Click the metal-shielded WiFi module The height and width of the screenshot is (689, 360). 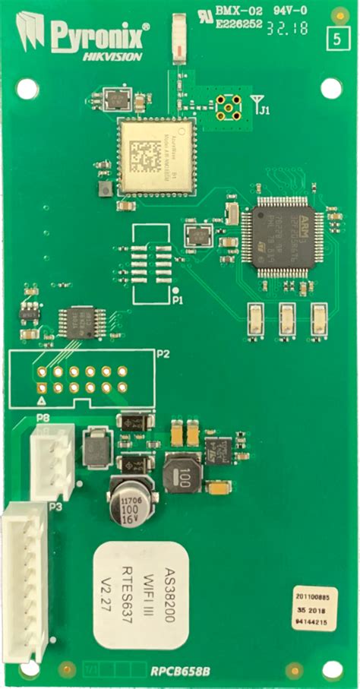pyautogui.click(x=154, y=156)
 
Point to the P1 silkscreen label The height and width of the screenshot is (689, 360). pyautogui.click(x=178, y=301)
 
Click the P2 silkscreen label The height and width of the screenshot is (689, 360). pyautogui.click(x=163, y=354)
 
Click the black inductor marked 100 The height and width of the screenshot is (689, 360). pyautogui.click(x=182, y=476)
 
